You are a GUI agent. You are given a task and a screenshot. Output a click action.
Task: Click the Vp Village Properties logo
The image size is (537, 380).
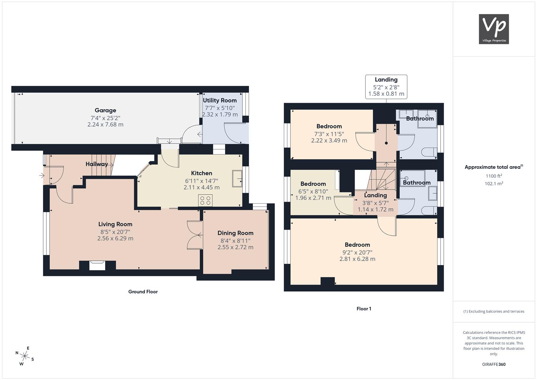click(x=494, y=29)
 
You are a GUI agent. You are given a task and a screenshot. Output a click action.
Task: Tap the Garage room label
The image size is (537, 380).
click(x=105, y=110)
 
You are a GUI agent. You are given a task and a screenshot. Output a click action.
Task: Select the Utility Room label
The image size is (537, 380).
click(x=219, y=101)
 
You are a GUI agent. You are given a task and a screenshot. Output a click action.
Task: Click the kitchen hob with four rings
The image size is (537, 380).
click(x=205, y=200)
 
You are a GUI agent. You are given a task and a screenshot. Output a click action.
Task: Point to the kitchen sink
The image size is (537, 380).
click(x=237, y=178)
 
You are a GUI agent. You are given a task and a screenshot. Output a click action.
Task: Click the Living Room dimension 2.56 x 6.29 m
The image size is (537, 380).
click(x=115, y=239)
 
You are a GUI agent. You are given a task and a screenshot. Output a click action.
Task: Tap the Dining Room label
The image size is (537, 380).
click(x=235, y=233)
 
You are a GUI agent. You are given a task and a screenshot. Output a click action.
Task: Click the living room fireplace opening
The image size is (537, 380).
click(x=97, y=266)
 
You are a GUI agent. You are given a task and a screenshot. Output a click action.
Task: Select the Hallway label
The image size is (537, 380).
click(x=97, y=164)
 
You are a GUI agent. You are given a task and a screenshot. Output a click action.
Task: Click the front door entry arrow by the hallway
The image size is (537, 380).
click(x=42, y=176)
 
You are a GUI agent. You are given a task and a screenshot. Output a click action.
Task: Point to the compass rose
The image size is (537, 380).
click(x=25, y=356)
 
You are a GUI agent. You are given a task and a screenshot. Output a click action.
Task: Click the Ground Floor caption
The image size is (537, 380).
click(x=143, y=292)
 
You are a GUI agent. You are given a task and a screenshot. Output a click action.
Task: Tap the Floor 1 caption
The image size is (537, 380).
click(x=364, y=309)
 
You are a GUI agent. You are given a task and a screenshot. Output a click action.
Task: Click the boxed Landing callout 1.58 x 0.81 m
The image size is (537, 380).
click(x=386, y=87)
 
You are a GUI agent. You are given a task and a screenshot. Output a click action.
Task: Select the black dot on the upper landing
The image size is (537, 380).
click(x=386, y=143)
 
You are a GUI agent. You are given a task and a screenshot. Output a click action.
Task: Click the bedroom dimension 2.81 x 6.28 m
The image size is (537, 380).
click(x=357, y=259)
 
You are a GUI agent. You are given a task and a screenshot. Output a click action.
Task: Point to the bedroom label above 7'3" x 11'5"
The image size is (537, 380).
click(x=329, y=126)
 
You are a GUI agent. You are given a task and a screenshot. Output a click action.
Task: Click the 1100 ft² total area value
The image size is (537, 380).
click(x=494, y=176)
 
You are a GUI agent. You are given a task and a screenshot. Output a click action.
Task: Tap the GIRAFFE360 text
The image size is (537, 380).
click(x=494, y=365)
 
